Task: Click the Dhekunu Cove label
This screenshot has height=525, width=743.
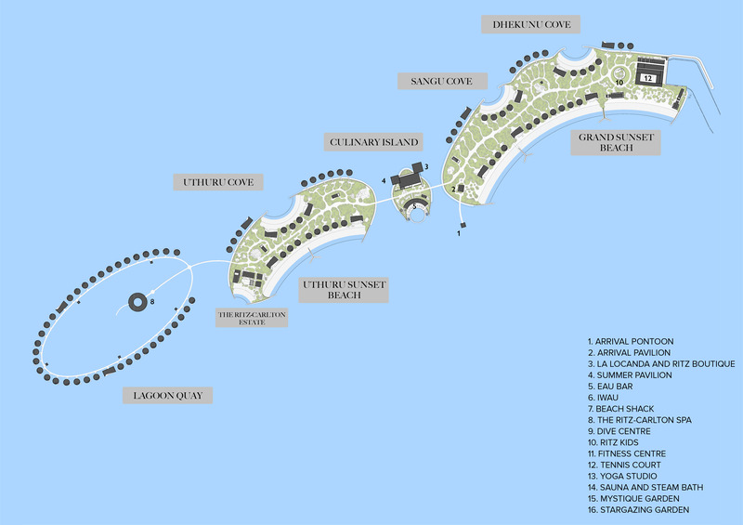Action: (530, 24)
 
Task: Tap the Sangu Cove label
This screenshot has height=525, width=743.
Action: (442, 81)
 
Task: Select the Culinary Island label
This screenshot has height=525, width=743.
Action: (373, 142)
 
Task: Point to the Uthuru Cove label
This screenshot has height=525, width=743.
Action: (218, 182)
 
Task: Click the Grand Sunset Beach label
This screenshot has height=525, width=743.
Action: (616, 142)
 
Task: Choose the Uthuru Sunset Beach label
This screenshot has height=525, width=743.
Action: (344, 290)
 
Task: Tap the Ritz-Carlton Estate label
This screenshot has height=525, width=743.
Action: (252, 318)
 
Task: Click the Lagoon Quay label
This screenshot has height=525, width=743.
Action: (168, 395)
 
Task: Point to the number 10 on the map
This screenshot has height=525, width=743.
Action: (619, 83)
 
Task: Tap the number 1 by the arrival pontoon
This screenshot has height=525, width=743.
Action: (458, 233)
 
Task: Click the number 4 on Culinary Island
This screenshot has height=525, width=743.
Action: (384, 180)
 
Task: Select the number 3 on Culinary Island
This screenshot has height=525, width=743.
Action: (426, 167)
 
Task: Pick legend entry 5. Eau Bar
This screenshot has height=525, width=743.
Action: (610, 386)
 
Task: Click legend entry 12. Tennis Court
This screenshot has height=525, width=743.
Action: (624, 465)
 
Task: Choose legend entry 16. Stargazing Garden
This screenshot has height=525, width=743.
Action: (638, 510)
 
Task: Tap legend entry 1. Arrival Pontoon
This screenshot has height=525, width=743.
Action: (631, 341)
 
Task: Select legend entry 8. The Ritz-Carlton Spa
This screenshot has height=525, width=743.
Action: (640, 420)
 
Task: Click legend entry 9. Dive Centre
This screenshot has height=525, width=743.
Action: (619, 431)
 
